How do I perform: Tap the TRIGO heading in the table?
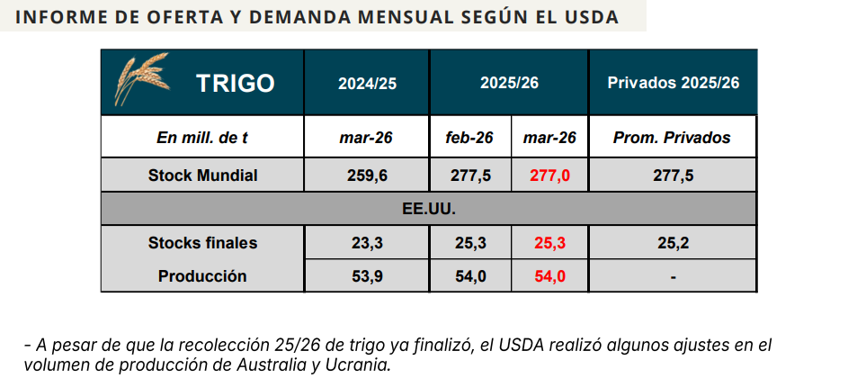pyautogui.click(x=235, y=84)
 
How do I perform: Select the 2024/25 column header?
pyautogui.click(x=367, y=84)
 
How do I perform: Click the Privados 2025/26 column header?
pyautogui.click(x=673, y=84)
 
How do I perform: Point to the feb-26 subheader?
pyautogui.click(x=469, y=138)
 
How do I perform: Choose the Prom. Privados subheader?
pyautogui.click(x=672, y=138)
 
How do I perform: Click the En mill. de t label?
pyautogui.click(x=201, y=138)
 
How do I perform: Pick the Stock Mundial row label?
pyautogui.click(x=202, y=175)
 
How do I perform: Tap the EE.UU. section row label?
pyautogui.click(x=428, y=209)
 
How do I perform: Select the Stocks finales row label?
pyautogui.click(x=202, y=243)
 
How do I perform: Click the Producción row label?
pyautogui.click(x=202, y=276)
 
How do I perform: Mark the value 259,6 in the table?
pyautogui.click(x=367, y=175)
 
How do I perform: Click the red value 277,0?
pyautogui.click(x=549, y=175)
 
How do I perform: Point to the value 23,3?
pyautogui.click(x=367, y=243)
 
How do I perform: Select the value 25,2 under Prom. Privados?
pyautogui.click(x=673, y=243)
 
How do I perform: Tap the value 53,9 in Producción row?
pyautogui.click(x=367, y=276)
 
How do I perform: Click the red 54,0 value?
pyautogui.click(x=549, y=276)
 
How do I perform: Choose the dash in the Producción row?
pyautogui.click(x=673, y=277)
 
